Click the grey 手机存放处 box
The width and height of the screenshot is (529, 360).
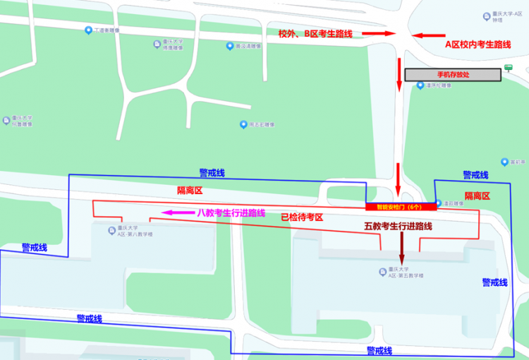point(452,73)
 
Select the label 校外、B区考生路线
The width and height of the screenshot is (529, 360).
point(316,33)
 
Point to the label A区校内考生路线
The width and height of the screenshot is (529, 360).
point(478,44)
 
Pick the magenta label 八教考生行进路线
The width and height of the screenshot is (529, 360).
point(231,212)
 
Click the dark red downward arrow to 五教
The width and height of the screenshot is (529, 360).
point(403,247)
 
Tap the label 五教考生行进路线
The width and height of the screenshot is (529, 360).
point(398,227)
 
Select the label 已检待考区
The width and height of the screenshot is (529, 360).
point(301,217)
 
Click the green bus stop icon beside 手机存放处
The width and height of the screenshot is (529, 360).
point(508,68)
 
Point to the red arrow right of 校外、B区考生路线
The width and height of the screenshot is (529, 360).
point(377,33)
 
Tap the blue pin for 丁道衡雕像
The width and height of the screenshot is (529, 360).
point(88,30)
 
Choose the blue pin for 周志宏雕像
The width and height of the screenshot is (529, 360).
point(243,124)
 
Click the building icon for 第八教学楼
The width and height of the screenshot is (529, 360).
point(111,231)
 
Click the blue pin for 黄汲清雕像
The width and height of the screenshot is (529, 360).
point(229,46)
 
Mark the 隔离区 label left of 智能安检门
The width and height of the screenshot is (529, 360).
point(190,190)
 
